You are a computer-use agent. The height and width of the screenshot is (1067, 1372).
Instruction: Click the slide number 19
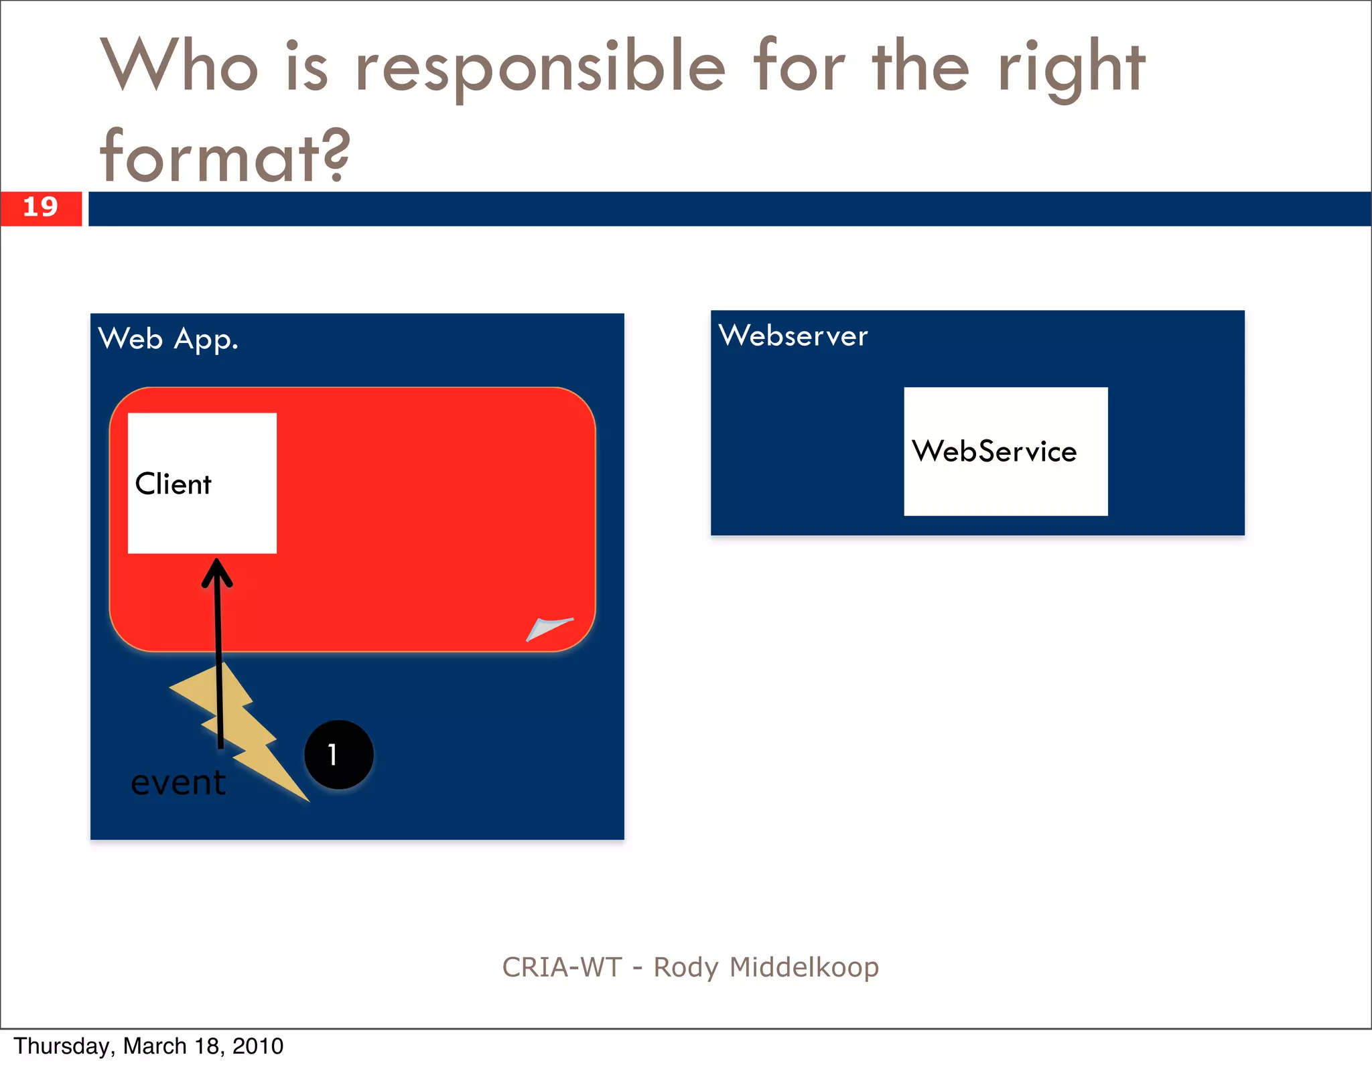coord(40,207)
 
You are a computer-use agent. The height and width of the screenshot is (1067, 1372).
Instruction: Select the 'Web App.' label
coord(168,339)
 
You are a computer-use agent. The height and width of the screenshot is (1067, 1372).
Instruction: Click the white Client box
coord(202,483)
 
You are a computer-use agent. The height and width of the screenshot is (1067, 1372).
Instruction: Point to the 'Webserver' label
coord(793,336)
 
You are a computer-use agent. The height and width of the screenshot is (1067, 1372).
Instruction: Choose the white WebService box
coord(1005,451)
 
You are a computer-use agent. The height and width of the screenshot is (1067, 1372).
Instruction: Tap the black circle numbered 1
coord(339,755)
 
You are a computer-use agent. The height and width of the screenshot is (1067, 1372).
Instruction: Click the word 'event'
coord(178,782)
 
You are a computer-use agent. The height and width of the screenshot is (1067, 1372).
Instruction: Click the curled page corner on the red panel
coord(548,628)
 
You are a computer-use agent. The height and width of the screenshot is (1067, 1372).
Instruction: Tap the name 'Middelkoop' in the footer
coord(804,967)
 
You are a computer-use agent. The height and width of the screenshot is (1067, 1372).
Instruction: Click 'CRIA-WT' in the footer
coord(562,967)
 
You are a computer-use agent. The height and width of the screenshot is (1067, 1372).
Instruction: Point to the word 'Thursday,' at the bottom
coord(64,1046)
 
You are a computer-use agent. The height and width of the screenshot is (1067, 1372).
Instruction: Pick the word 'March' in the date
coord(155,1046)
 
